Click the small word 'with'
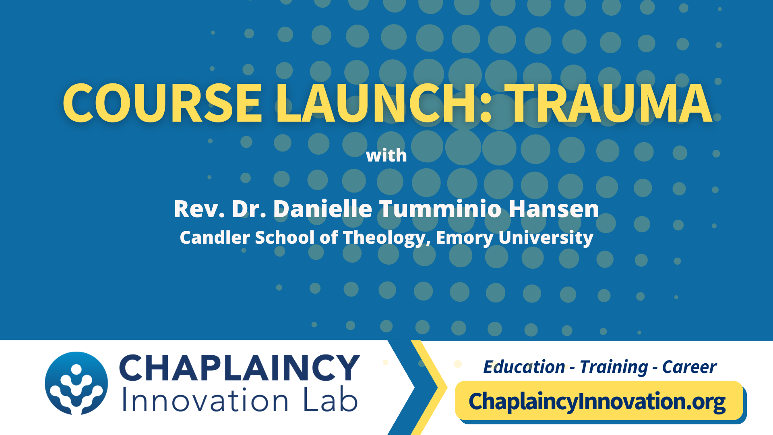[x=386, y=155]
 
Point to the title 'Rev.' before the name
[x=199, y=209]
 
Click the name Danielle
[x=322, y=209]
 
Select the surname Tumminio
[x=440, y=209]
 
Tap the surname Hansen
[x=554, y=209]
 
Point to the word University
[x=546, y=238]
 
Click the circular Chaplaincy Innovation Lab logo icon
[x=76, y=383]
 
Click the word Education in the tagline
[x=524, y=367]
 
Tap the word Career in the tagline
[x=689, y=367]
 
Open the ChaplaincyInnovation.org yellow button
[x=599, y=401]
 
